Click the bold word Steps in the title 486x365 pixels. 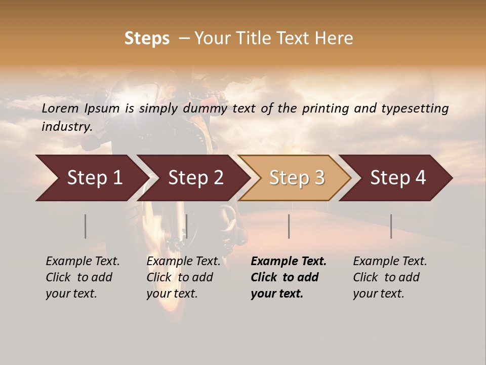[147, 39]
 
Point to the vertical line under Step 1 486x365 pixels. [86, 226]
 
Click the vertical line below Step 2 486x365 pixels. [187, 226]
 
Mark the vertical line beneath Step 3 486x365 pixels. [289, 226]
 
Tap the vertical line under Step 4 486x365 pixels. [391, 226]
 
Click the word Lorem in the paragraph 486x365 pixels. [60, 108]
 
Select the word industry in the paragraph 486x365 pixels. [67, 126]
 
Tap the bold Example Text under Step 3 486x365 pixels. [289, 262]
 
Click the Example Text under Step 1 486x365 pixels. [83, 262]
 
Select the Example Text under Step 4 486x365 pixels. [390, 262]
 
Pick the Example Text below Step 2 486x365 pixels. [183, 262]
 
